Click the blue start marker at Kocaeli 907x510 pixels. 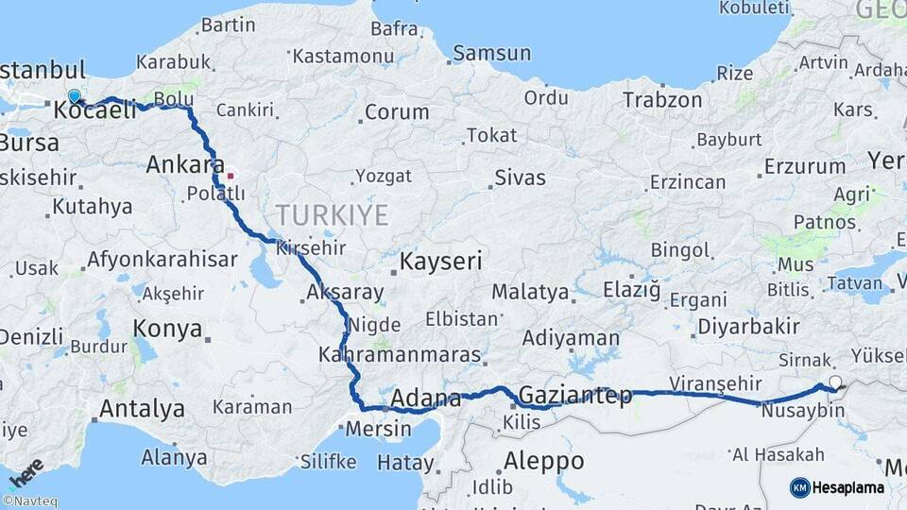(x=75, y=96)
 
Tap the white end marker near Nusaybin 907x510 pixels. (x=834, y=383)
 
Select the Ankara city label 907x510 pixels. (x=185, y=165)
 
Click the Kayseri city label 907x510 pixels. (x=441, y=261)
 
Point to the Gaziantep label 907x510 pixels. (x=575, y=396)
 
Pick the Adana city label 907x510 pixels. (x=425, y=398)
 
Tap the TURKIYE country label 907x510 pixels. (x=332, y=215)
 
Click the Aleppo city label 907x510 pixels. (x=543, y=461)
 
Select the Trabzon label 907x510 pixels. (x=662, y=100)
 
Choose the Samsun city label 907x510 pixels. (x=491, y=53)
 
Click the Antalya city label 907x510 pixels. (x=142, y=409)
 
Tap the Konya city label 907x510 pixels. (x=167, y=329)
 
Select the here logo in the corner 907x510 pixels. (x=26, y=472)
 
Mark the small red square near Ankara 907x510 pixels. (x=231, y=176)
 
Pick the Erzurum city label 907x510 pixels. (x=805, y=166)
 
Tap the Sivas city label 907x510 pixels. (x=521, y=176)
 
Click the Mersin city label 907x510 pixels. (x=379, y=429)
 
